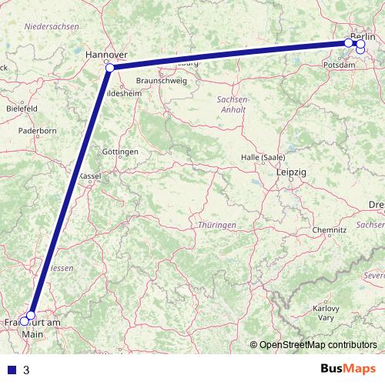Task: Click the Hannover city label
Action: [x=105, y=55]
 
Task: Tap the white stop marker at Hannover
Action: [x=110, y=68]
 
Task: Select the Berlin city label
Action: [x=363, y=36]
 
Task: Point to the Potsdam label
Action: [x=340, y=65]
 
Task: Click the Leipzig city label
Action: [x=290, y=173]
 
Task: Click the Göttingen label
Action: [x=120, y=152]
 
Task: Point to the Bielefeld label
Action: [x=22, y=109]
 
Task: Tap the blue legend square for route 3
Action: [x=12, y=370]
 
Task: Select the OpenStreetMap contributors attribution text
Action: [x=318, y=345]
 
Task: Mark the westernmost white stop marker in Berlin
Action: [x=349, y=43]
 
